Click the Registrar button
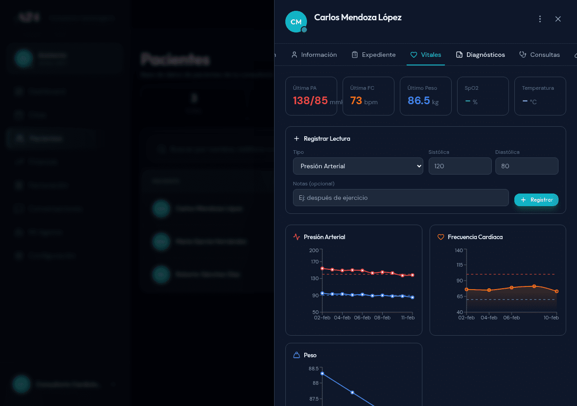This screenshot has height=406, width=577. pyautogui.click(x=536, y=200)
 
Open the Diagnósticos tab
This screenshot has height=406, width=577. pyautogui.click(x=481, y=55)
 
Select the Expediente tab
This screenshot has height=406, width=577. pyautogui.click(x=373, y=55)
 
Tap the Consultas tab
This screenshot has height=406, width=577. pyautogui.click(x=540, y=55)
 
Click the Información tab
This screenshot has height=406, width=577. pyautogui.click(x=314, y=55)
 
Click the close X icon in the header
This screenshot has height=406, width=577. pyautogui.click(x=558, y=19)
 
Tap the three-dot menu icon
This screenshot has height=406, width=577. pyautogui.click(x=540, y=19)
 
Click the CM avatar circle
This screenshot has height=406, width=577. pyautogui.click(x=296, y=22)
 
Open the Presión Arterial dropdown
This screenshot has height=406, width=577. pyautogui.click(x=358, y=166)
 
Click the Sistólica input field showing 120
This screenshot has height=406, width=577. pyautogui.click(x=460, y=166)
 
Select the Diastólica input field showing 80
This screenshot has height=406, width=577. pyautogui.click(x=527, y=166)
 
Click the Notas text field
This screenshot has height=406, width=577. pyautogui.click(x=401, y=198)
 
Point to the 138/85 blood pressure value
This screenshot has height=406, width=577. pyautogui.click(x=311, y=101)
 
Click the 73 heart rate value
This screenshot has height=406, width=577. pyautogui.click(x=356, y=101)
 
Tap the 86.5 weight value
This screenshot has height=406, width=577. pyautogui.click(x=419, y=101)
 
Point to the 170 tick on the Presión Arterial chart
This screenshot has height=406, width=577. pyautogui.click(x=314, y=262)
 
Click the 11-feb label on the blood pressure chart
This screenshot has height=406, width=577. pyautogui.click(x=407, y=318)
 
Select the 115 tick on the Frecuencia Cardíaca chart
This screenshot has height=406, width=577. pyautogui.click(x=459, y=265)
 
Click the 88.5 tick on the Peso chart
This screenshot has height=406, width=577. pyautogui.click(x=313, y=369)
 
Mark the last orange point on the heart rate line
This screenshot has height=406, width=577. pyautogui.click(x=557, y=291)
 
